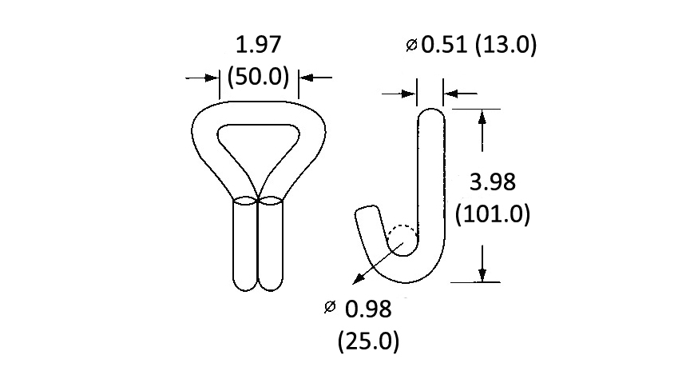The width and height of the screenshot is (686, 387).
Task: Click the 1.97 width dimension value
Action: [258, 45]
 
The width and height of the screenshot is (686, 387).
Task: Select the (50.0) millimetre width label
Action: [258, 77]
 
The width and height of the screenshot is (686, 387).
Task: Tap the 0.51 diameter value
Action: [444, 45]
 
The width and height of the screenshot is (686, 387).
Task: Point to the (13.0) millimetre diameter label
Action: [506, 46]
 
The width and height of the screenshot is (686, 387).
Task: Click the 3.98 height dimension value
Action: [493, 182]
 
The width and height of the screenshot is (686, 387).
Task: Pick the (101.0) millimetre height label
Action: [493, 214]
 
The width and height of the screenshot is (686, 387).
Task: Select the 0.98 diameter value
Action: [368, 309]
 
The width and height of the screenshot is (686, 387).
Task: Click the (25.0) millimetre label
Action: [368, 341]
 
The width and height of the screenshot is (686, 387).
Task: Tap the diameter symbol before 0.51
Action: [411, 45]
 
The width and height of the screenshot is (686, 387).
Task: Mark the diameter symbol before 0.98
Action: [330, 307]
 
